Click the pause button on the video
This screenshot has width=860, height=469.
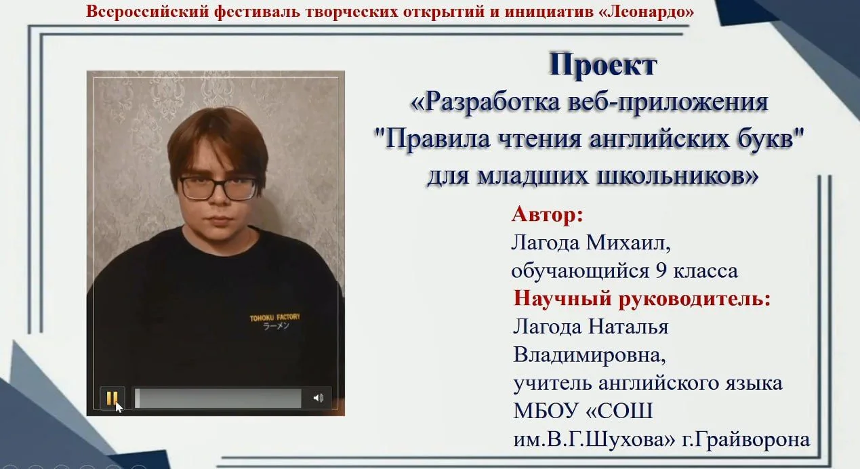click(x=112, y=399)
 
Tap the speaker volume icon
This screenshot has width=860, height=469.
click(x=319, y=398)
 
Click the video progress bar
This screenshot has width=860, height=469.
click(x=218, y=399)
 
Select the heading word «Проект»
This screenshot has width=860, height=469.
click(x=602, y=65)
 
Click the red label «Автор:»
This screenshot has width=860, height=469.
click(x=547, y=214)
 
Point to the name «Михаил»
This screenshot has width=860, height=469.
click(x=628, y=243)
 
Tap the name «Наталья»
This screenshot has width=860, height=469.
click(x=628, y=327)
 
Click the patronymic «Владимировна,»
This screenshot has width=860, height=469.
click(x=590, y=355)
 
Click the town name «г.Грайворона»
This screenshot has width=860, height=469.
click(x=745, y=439)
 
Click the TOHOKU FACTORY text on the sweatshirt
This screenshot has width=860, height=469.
click(x=275, y=318)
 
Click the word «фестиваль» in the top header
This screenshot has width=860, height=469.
click(x=258, y=12)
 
